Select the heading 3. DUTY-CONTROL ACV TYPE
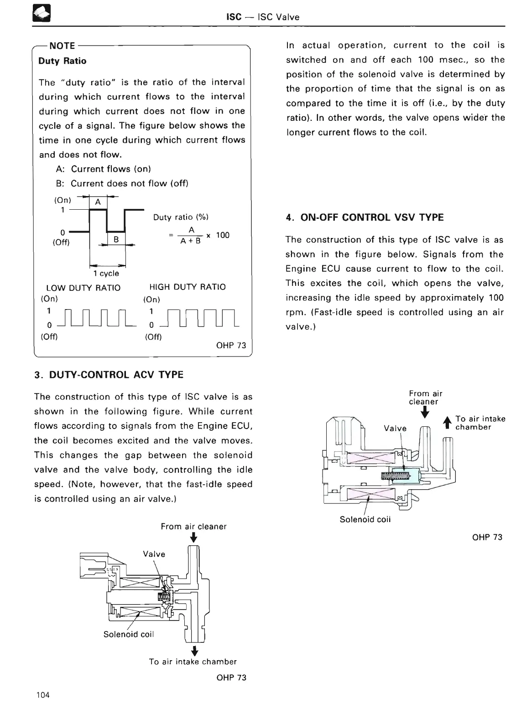(109, 375)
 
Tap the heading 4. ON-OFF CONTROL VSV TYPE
(365, 217)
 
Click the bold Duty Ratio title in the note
(62, 61)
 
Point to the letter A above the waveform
(98, 202)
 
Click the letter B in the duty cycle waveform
(116, 238)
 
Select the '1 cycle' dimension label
(106, 274)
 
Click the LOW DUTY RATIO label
(83, 288)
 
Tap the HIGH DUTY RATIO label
(188, 287)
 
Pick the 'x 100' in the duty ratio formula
(218, 235)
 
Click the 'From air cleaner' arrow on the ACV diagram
(193, 538)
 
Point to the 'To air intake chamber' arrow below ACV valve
(194, 650)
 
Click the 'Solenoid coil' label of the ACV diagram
(129, 634)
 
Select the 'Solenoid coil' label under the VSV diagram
(365, 519)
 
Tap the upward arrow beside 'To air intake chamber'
(448, 423)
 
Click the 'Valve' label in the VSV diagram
(395, 428)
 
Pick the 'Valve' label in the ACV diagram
(154, 554)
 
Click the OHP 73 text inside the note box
(231, 345)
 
